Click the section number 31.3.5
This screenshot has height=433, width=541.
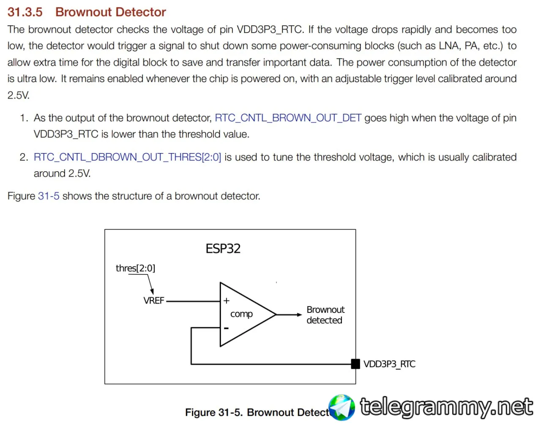[x=25, y=12]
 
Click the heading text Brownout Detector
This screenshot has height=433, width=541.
[x=111, y=12]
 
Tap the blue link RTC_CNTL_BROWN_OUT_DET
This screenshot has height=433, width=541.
[x=288, y=118]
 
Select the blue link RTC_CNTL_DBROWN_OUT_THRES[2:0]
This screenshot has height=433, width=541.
[x=127, y=157]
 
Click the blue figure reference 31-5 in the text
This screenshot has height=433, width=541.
[x=49, y=196]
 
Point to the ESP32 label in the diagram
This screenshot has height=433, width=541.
[x=223, y=248]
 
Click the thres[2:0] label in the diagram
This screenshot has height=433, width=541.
[x=135, y=268]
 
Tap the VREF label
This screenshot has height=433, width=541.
[x=153, y=301]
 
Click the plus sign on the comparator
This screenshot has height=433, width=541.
[x=227, y=301]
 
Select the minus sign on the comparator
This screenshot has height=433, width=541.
[x=226, y=328]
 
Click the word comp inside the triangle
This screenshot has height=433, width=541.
[x=241, y=314]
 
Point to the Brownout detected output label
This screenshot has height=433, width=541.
[x=325, y=315]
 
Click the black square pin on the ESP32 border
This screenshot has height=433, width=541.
[x=355, y=364]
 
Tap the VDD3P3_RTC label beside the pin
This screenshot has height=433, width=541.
[x=389, y=364]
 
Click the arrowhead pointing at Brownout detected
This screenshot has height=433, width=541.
[x=299, y=315]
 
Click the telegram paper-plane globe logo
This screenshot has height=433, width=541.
[x=342, y=408]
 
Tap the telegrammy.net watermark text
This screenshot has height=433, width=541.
[x=446, y=407]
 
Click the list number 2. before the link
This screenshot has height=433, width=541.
[x=24, y=157]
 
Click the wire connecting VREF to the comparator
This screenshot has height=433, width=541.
[x=193, y=301]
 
